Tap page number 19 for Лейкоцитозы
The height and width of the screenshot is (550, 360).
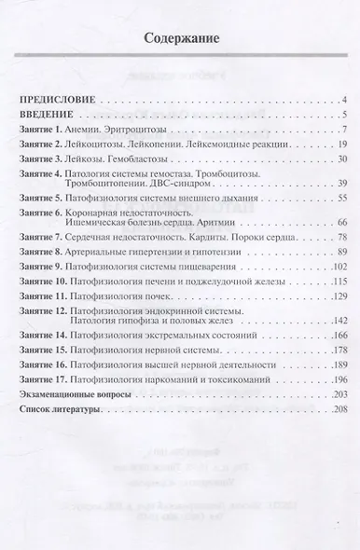(341, 144)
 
